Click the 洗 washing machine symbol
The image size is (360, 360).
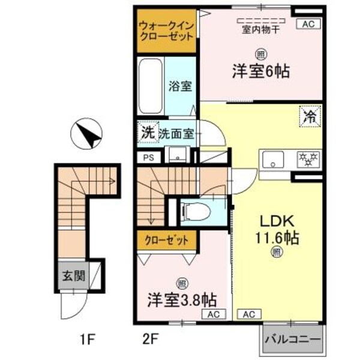click(x=147, y=133)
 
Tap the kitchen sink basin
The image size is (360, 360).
click(x=275, y=160)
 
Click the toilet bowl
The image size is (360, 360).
click(x=196, y=211)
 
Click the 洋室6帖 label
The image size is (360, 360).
click(x=262, y=71)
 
